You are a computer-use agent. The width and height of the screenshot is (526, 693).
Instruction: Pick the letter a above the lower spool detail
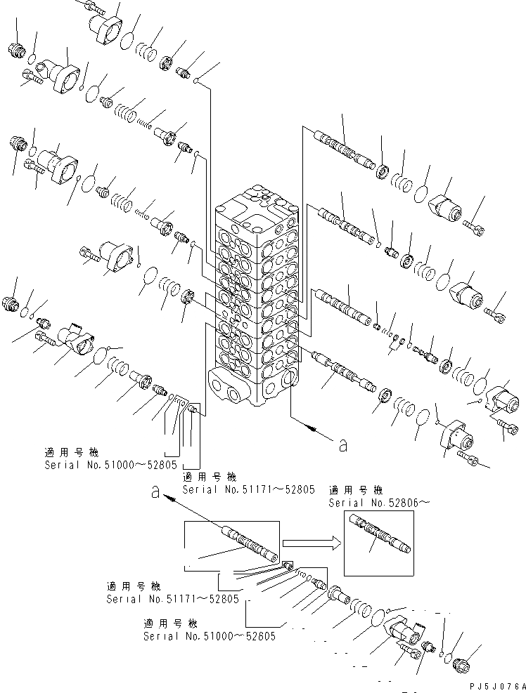(x=156, y=493)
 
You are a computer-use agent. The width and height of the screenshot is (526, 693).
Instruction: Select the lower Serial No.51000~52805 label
(x=209, y=635)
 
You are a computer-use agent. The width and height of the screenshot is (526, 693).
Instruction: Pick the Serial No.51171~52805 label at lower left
(x=172, y=598)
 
